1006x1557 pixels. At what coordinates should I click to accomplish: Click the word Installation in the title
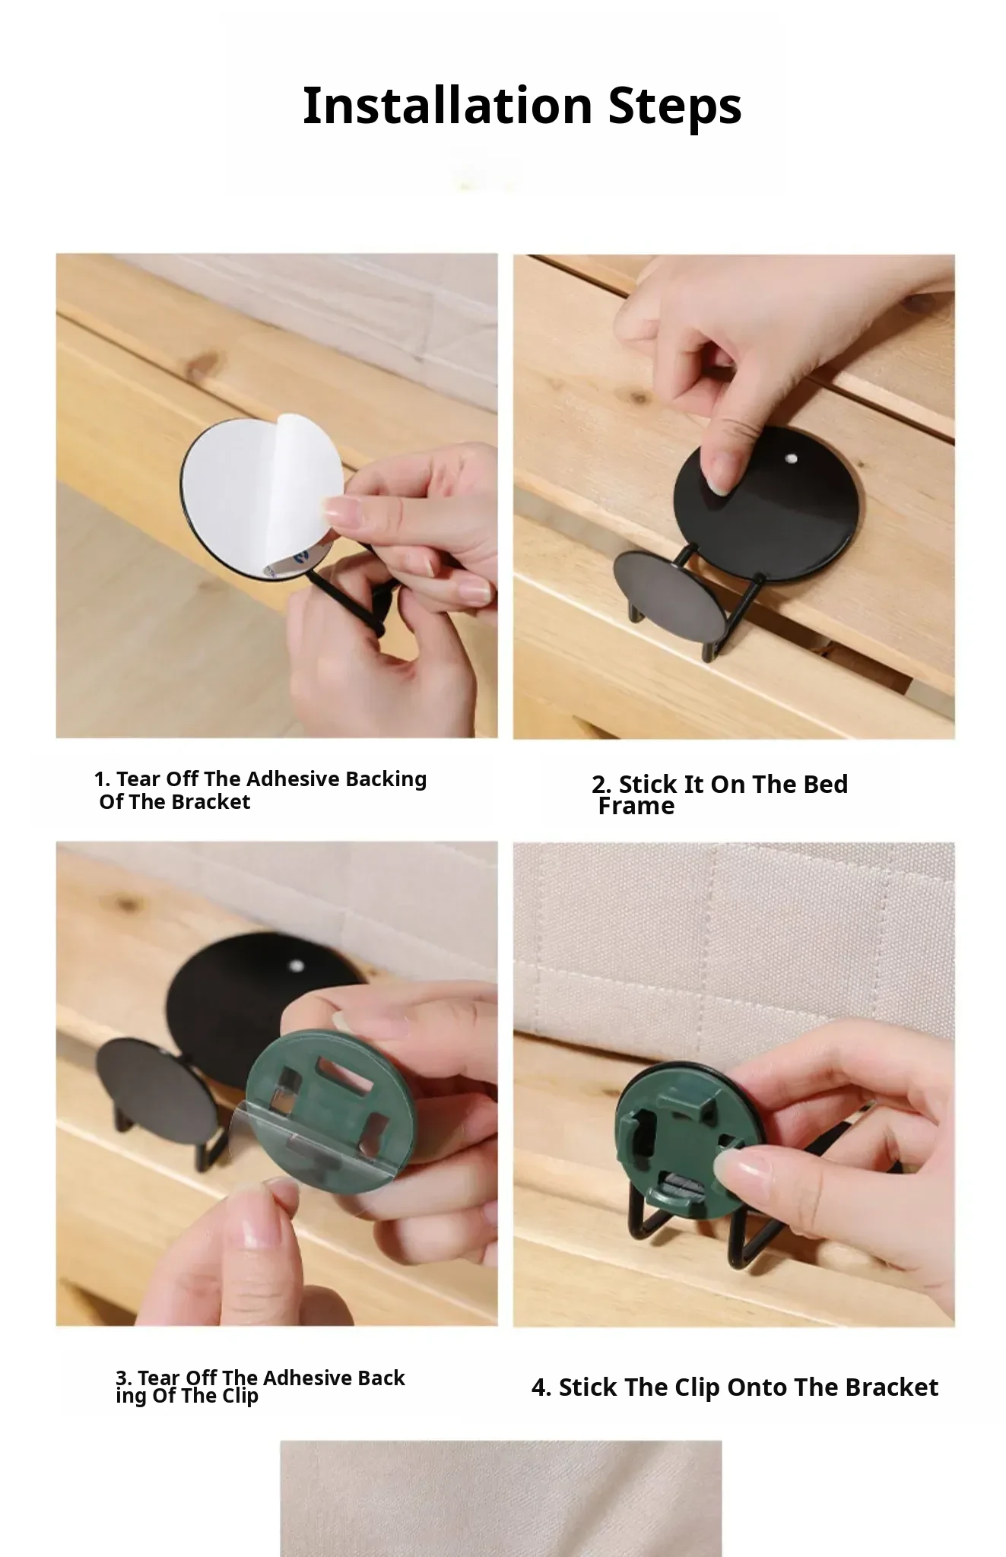click(x=447, y=105)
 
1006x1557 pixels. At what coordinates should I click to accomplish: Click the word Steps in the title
click(x=674, y=106)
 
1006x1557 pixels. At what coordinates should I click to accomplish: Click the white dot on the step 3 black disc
click(x=297, y=966)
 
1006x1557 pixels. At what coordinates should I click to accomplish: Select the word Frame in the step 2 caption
click(x=636, y=806)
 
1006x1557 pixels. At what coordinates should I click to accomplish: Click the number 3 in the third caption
click(x=121, y=1378)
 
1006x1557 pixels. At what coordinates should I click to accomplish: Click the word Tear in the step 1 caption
click(x=138, y=779)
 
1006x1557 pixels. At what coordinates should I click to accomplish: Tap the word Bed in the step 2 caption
click(x=826, y=784)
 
